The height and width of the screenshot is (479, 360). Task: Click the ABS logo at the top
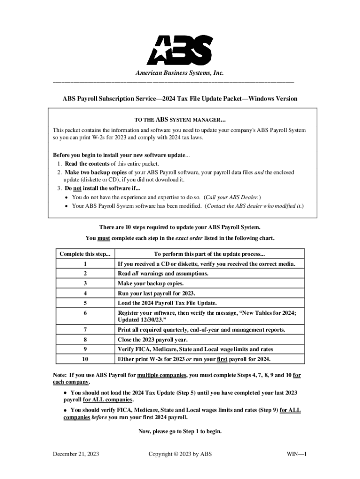[180, 50]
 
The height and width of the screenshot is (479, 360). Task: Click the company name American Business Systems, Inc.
[180, 73]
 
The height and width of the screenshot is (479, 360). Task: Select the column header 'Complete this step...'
[85, 254]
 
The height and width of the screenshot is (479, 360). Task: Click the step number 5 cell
[85, 303]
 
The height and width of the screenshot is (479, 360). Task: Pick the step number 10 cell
[85, 359]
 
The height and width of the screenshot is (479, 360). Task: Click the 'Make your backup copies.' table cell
[151, 283]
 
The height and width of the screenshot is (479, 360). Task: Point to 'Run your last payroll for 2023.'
[156, 293]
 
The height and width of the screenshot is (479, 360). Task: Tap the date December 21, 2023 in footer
[76, 454]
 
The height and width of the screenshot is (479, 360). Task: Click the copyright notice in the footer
[180, 454]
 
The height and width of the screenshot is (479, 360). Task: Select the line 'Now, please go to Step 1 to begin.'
[180, 431]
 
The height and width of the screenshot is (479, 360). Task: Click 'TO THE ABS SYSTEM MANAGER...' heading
[180, 120]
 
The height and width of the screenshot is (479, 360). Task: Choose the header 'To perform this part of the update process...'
[209, 254]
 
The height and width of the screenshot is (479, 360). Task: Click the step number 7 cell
[85, 330]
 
